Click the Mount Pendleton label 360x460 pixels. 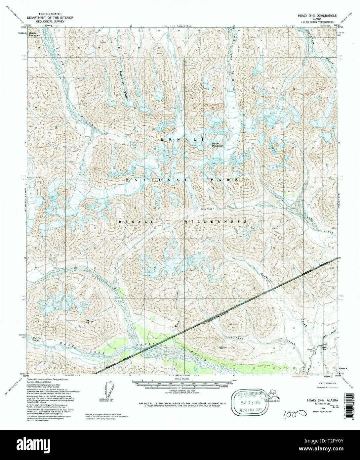218,145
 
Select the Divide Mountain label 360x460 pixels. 34,34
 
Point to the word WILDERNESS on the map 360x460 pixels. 215,221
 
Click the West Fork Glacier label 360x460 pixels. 37,339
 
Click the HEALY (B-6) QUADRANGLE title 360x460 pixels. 315,16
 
